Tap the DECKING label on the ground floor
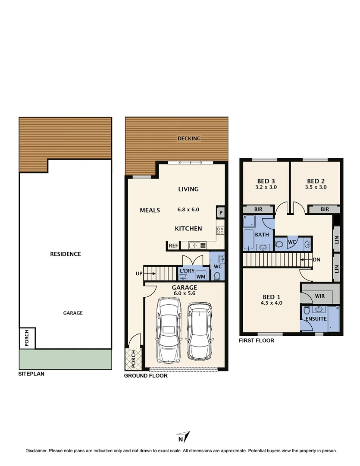point(189,139)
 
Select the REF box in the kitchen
point(173,246)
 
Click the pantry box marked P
point(220,212)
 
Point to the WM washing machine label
point(200,277)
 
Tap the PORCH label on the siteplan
point(27,338)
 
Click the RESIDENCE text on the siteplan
point(66,254)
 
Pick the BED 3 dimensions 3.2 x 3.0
point(266,188)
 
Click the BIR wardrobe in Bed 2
point(325,209)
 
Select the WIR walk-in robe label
point(320,296)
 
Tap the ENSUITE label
point(315,319)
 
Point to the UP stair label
point(139,273)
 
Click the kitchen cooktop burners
point(220,230)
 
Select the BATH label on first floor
point(262,235)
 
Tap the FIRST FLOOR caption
point(257,340)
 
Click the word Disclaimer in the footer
point(36,451)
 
